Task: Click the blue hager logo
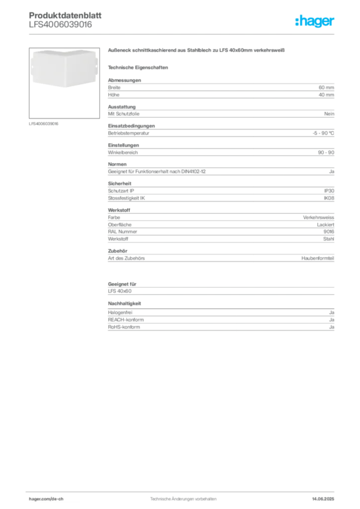coord(316,22)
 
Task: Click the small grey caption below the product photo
coord(44,123)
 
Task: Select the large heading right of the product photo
coord(196,51)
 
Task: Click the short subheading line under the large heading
coord(140,67)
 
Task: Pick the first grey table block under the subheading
coord(220,88)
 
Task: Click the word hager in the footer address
coord(35,499)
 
